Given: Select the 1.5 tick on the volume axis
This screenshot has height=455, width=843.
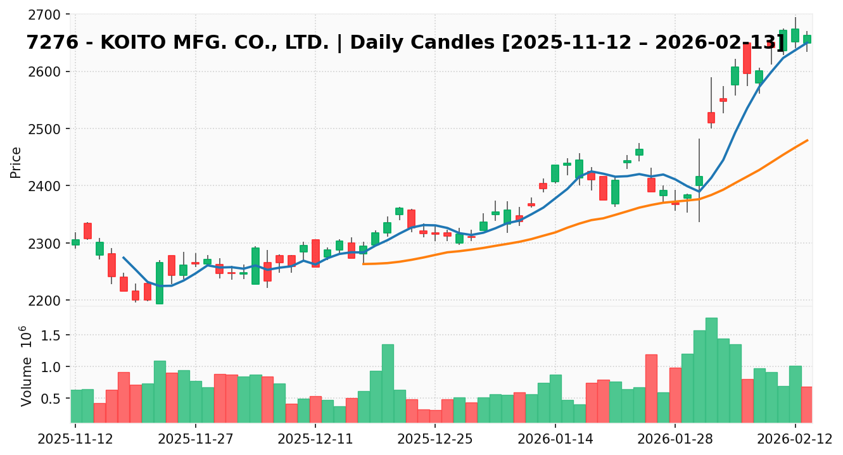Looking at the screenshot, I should pos(58,335).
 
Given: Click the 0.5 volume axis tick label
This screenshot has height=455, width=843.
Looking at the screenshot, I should pos(58,399).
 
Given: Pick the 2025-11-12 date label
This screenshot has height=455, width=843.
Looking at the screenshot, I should pos(75,439).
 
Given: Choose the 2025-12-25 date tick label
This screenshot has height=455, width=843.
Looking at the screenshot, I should pos(434,439).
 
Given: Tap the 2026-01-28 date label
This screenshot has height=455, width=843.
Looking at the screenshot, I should pos(674,439).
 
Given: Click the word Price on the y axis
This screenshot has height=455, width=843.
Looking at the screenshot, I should pos(16,163).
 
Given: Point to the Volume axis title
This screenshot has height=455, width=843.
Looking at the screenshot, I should pos(27,373).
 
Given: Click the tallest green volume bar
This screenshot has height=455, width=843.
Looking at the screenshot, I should pos(711,370).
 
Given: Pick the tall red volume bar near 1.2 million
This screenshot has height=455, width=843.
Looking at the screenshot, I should pos(651,388).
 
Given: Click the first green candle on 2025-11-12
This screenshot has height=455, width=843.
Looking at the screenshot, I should pos(75,242).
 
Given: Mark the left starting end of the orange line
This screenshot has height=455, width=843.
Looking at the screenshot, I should pos(363,264).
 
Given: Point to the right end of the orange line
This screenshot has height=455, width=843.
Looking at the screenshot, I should pos(808,140).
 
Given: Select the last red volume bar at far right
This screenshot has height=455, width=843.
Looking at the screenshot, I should pos(807,404).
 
